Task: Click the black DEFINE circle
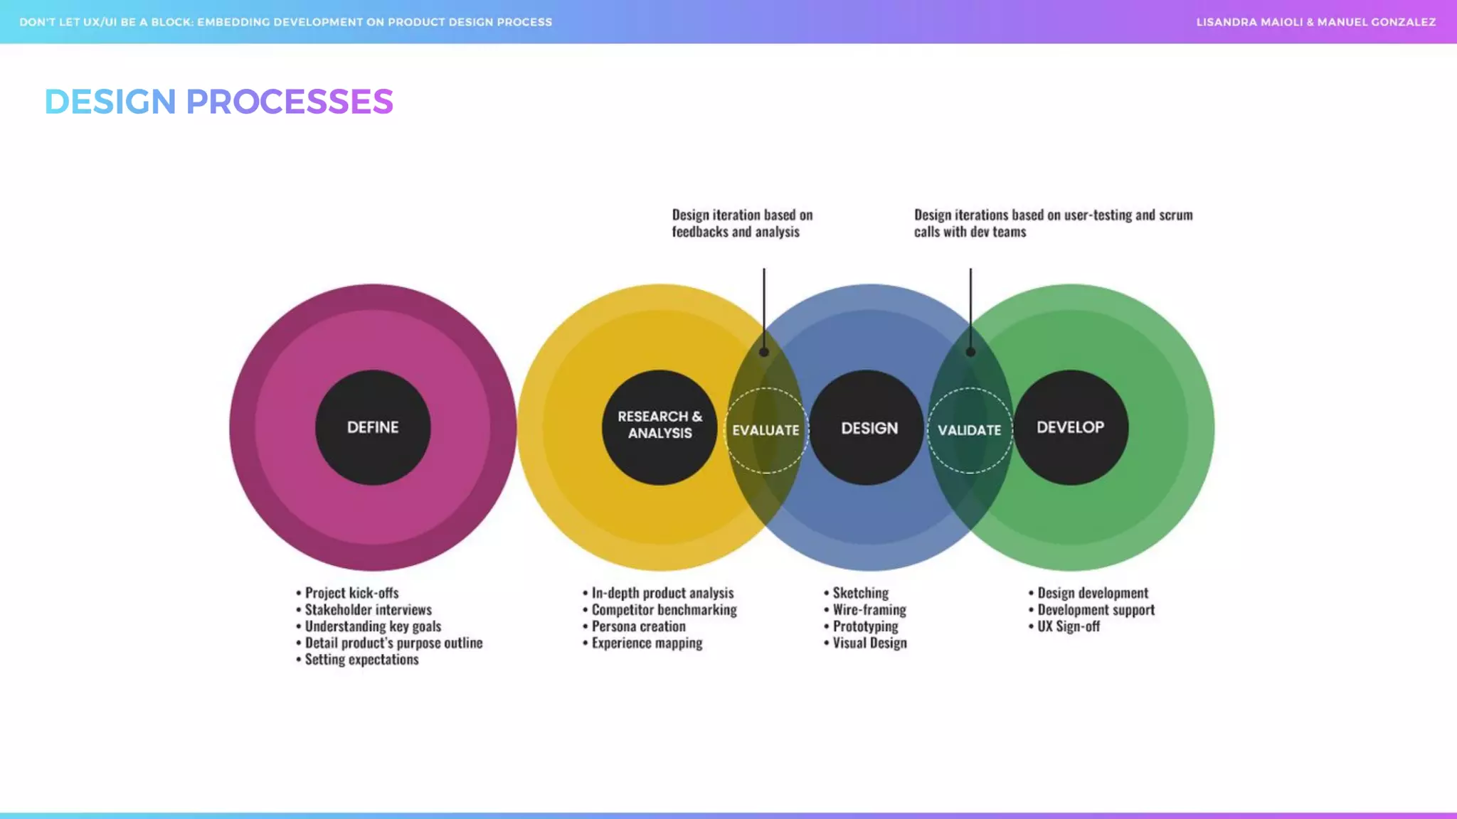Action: point(373,427)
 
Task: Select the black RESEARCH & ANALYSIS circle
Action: point(659,427)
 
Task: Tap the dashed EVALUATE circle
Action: point(766,430)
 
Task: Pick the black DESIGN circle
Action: point(868,427)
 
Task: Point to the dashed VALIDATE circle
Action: point(970,430)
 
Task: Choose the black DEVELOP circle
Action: point(1070,427)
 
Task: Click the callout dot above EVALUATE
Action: point(764,352)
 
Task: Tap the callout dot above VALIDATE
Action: point(970,352)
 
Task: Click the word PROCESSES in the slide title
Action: point(289,102)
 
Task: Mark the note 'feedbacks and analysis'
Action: point(736,232)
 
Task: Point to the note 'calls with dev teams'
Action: point(970,232)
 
